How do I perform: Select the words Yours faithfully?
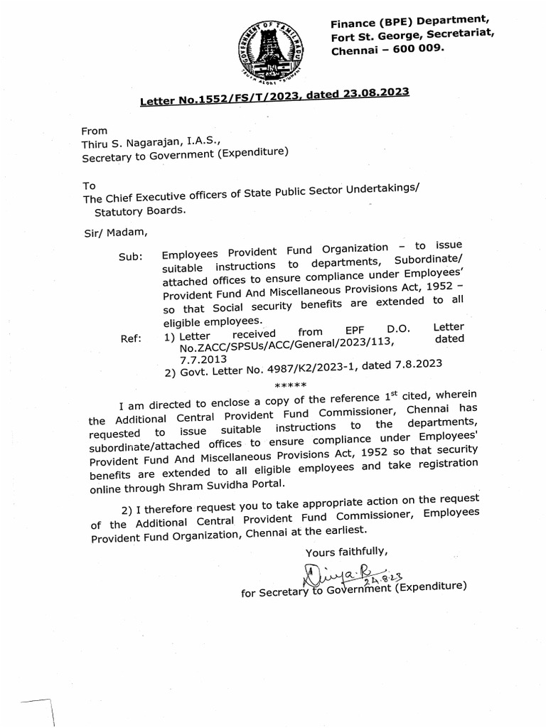point(346,552)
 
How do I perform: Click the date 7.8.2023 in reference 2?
point(414,363)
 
